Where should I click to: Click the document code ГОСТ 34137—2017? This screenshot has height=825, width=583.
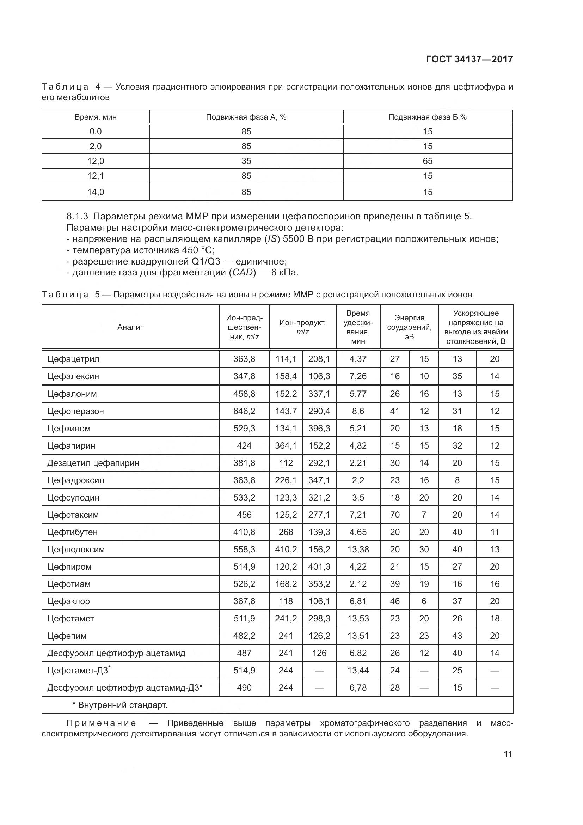point(469,59)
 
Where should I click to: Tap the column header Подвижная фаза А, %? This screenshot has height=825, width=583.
point(246,117)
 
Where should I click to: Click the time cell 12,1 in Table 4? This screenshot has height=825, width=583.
point(96,176)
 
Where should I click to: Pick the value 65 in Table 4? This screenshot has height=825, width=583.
point(428,161)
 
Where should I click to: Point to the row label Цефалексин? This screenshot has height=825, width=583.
point(73,376)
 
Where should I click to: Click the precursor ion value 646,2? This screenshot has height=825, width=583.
point(244,411)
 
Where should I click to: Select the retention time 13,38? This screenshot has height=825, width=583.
point(358,550)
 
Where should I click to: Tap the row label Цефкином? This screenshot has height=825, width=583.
point(69,428)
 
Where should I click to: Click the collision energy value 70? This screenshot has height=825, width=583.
point(394,515)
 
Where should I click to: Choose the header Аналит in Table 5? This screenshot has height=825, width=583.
point(130,327)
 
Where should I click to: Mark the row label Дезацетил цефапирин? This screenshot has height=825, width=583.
point(93,463)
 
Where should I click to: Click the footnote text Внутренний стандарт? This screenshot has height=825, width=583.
point(122,705)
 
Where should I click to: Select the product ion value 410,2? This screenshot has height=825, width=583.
point(286,550)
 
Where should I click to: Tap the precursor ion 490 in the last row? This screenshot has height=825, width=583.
point(244,688)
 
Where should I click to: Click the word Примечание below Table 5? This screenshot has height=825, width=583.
point(102,723)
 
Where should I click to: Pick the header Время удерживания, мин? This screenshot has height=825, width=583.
point(358,327)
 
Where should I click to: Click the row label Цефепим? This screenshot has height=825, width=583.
point(67,636)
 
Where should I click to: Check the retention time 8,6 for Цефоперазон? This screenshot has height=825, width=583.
point(358,411)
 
